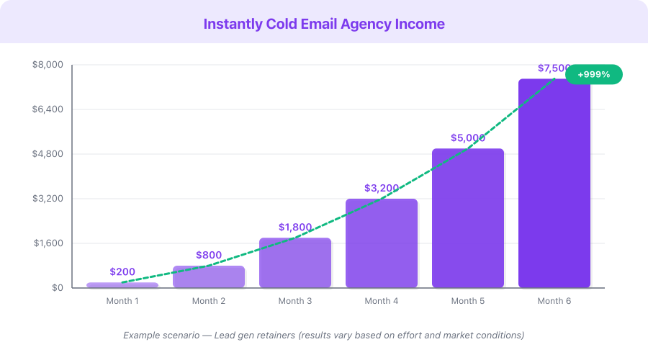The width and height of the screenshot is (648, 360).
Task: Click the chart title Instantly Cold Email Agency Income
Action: coord(324,24)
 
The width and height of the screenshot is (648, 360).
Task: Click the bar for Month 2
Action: coord(209,277)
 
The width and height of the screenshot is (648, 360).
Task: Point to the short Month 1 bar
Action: coord(122,285)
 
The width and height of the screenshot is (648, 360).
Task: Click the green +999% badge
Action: coord(593,74)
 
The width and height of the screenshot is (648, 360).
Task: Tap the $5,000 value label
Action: coord(468,138)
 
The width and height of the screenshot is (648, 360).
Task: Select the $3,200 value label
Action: coord(382,188)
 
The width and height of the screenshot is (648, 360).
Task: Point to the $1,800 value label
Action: coord(295,228)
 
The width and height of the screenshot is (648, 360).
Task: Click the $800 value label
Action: coord(209,255)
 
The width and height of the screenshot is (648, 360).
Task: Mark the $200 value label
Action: coord(122,271)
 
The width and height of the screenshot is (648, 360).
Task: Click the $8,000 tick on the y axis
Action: coord(48,65)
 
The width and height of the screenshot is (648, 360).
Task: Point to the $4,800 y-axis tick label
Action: coord(48,154)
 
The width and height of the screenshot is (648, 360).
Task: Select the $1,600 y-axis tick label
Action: coord(48,243)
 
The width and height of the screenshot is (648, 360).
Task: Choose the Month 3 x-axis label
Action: coord(295,301)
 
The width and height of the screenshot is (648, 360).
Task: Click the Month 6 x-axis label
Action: coord(554,301)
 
